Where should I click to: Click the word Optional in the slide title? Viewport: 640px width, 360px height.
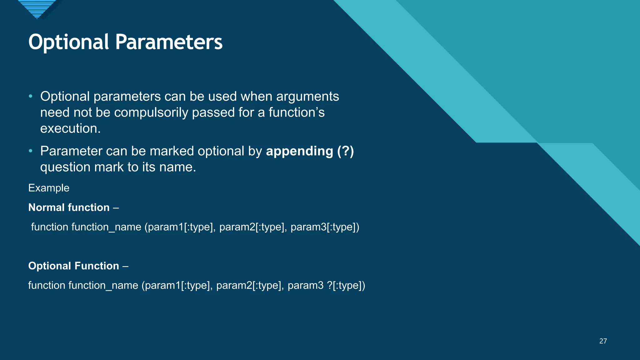click(68, 42)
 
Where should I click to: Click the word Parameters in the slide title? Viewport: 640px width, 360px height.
click(169, 42)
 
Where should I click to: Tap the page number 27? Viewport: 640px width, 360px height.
click(603, 341)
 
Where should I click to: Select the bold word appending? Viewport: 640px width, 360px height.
click(299, 151)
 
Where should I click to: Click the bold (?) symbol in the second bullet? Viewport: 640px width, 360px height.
click(345, 151)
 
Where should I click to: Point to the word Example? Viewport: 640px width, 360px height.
click(49, 188)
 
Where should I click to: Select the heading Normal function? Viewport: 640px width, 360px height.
click(69, 207)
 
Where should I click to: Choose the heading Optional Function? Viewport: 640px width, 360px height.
click(73, 266)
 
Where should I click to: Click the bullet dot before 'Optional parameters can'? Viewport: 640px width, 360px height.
click(30, 96)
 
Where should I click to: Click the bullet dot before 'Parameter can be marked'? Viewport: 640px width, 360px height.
click(30, 151)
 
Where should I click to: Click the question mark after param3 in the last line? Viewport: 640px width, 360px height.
click(330, 285)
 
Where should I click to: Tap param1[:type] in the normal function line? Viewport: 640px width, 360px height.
click(180, 227)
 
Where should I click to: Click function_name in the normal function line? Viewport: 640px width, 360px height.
click(106, 227)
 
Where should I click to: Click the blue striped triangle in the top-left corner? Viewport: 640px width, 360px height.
click(37, 8)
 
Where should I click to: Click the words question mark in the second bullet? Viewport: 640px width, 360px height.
click(82, 167)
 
